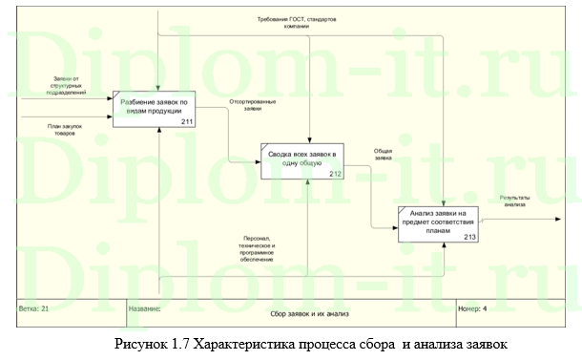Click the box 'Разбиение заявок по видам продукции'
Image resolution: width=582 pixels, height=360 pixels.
(155, 108)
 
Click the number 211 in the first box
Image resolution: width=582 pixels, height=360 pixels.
(187, 121)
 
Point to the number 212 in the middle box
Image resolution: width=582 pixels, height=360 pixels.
(335, 174)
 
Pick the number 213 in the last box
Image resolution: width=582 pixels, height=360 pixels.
(470, 237)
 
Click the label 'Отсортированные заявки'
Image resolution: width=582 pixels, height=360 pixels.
(253, 104)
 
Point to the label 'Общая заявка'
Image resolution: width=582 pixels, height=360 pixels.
(384, 154)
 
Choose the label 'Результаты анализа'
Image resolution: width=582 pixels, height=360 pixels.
(515, 201)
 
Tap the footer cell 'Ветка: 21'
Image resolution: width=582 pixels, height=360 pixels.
(34, 309)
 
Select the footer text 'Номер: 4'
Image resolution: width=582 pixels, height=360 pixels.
(473, 309)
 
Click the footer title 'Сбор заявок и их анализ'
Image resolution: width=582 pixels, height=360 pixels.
(299, 313)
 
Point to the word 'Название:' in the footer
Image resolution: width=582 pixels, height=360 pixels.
(146, 309)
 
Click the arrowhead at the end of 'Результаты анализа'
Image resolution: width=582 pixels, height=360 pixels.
(557, 219)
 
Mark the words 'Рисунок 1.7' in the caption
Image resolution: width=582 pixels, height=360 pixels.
(152, 343)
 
